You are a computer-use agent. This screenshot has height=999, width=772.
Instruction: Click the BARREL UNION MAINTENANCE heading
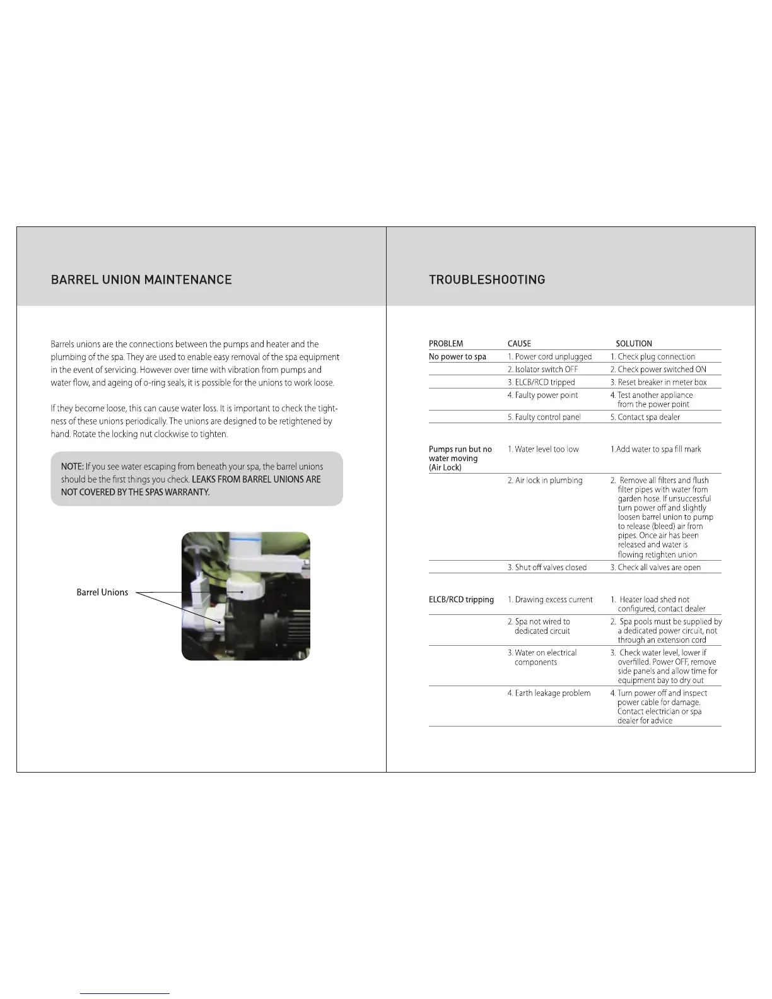(x=141, y=279)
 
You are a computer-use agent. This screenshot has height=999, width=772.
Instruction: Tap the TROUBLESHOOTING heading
(x=487, y=279)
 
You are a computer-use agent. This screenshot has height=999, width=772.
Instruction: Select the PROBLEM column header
(x=446, y=344)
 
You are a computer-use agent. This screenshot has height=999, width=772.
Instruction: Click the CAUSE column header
(x=519, y=344)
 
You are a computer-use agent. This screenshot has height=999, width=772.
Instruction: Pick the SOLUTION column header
(x=634, y=344)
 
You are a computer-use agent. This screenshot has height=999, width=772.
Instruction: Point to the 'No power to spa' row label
(x=457, y=357)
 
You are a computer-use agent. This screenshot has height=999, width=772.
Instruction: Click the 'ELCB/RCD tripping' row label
(x=461, y=600)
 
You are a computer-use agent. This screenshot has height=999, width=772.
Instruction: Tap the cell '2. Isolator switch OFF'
(x=542, y=370)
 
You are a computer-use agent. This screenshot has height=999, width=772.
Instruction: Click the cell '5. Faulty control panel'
(x=544, y=417)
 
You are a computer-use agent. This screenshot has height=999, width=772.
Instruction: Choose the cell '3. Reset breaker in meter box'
(x=658, y=382)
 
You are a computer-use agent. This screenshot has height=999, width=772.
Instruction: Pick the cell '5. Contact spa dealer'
(x=645, y=417)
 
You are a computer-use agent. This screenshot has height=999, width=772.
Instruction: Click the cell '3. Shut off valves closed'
(x=547, y=568)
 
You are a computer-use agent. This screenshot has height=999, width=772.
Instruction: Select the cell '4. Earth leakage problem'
(x=549, y=693)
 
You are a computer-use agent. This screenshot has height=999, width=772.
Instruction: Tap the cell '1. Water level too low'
(x=543, y=449)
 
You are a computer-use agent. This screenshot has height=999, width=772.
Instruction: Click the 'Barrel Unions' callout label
(x=102, y=592)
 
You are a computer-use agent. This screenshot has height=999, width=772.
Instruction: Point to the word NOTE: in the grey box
(x=72, y=467)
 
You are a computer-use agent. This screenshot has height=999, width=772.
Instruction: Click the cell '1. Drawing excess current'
(x=550, y=600)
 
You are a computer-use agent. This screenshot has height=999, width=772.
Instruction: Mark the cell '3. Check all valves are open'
(x=655, y=568)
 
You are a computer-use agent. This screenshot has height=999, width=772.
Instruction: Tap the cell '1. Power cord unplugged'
(x=549, y=357)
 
